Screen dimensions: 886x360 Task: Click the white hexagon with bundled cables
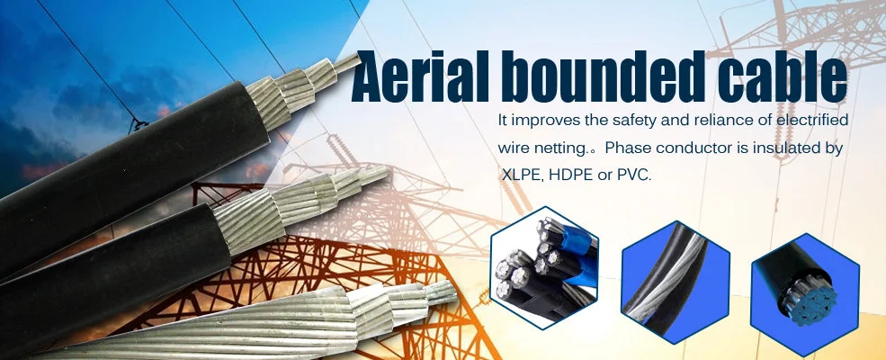pos(544,267)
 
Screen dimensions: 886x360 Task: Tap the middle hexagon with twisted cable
pos(676,283)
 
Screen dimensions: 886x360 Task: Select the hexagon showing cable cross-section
pos(805,294)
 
